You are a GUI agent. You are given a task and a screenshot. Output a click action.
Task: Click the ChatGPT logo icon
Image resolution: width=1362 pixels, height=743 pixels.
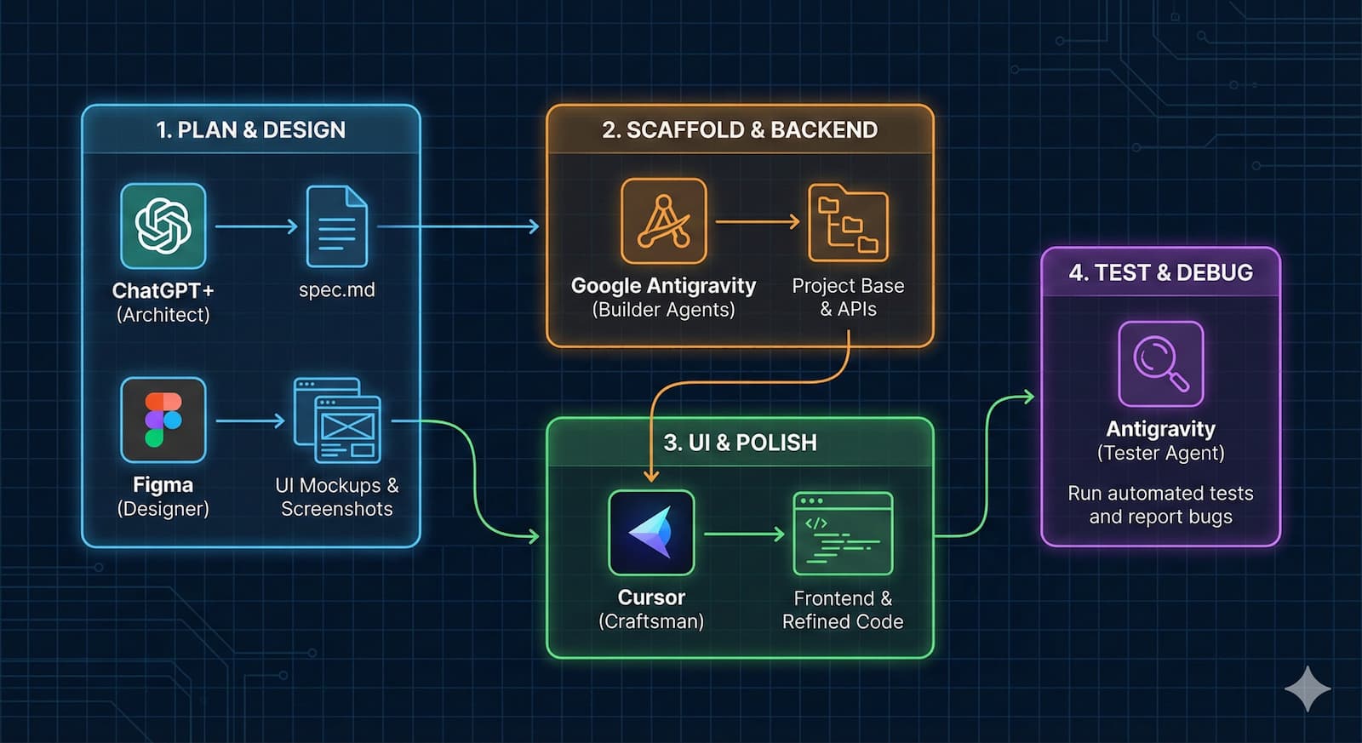click(163, 226)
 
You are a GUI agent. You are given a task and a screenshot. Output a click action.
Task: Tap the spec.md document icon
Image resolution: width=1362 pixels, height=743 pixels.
click(336, 226)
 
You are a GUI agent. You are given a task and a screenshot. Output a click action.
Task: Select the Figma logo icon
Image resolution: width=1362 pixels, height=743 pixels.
click(163, 420)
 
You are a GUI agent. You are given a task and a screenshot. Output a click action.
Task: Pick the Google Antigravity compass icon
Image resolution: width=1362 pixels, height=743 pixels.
click(663, 220)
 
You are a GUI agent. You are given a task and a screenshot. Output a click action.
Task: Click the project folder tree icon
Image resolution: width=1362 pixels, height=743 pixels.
click(848, 222)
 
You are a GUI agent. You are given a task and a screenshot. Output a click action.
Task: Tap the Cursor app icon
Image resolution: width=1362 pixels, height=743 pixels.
click(651, 533)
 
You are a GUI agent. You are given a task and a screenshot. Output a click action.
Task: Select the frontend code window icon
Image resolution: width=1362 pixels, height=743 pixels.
click(843, 534)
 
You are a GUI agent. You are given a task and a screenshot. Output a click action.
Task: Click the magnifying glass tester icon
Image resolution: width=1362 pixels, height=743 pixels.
click(1160, 363)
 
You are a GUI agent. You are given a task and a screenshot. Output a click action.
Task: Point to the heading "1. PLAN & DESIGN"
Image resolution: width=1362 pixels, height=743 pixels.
click(251, 129)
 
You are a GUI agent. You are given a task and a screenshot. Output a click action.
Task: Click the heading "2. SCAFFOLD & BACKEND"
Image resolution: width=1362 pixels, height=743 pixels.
click(740, 129)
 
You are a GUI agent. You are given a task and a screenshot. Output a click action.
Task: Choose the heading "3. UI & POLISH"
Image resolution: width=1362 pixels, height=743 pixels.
click(740, 443)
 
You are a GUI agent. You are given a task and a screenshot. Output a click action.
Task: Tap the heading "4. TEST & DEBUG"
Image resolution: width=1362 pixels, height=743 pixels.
click(1160, 272)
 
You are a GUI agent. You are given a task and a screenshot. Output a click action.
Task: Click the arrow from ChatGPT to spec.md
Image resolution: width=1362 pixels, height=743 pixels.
click(255, 226)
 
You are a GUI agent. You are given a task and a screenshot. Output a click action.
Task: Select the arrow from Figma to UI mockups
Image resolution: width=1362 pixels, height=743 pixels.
click(250, 420)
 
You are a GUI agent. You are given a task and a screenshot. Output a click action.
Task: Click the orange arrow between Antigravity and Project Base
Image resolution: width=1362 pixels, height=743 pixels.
click(757, 222)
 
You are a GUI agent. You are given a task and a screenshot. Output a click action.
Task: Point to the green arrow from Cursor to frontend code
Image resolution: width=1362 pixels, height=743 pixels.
click(744, 534)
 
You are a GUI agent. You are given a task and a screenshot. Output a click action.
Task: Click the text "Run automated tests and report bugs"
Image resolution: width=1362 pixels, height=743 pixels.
click(1160, 505)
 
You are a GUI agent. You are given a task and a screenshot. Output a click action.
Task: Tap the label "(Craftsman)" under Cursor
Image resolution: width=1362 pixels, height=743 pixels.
click(651, 621)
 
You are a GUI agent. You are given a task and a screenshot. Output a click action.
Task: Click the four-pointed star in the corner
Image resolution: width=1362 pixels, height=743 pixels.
click(1307, 689)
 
